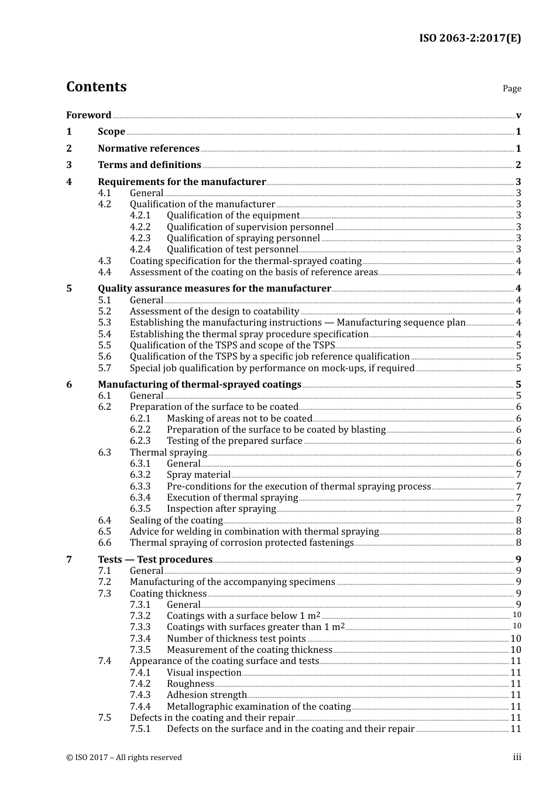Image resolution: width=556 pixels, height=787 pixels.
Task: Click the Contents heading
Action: pos(96,87)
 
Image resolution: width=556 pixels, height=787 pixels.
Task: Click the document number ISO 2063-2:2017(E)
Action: pos(469,38)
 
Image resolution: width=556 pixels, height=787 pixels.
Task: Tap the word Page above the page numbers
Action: pos(512,88)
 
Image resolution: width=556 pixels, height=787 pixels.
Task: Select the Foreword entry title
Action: pos(88,115)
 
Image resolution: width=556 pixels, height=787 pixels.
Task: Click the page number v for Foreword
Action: pos(519,115)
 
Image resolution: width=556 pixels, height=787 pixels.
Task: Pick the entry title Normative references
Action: pos(149,148)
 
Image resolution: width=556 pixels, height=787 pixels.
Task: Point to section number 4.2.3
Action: pos(140,238)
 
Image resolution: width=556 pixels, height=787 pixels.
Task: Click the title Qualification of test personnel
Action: pos(232,249)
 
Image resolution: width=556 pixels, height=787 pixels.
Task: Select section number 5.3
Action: pos(104,322)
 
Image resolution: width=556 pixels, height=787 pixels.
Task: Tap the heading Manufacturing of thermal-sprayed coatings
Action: pos(200,384)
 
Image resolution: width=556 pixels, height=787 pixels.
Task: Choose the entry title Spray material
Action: pos(198,474)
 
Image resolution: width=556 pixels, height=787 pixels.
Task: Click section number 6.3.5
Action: pos(140,508)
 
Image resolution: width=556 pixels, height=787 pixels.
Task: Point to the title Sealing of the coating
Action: pos(176,520)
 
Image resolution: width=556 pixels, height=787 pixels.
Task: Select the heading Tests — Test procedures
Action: pos(155,559)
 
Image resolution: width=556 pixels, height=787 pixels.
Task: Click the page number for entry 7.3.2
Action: pos(517,615)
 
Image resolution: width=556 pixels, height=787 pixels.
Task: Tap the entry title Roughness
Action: pos(190,683)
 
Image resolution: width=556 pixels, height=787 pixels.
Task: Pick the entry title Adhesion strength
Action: pos(207,694)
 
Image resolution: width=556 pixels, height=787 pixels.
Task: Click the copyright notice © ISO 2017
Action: pos(124,757)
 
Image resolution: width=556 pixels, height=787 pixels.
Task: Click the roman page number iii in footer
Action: pos(517,757)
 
